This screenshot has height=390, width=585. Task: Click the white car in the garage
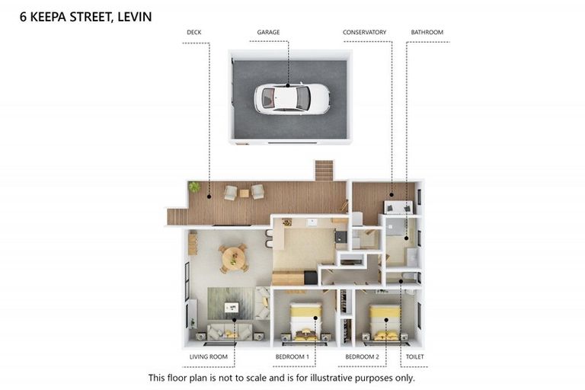click(292, 97)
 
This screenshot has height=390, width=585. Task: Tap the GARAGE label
click(268, 33)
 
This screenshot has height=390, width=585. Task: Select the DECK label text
click(193, 33)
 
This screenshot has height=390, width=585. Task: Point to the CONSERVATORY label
click(364, 33)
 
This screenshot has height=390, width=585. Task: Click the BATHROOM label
click(427, 33)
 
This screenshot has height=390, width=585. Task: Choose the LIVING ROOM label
click(208, 356)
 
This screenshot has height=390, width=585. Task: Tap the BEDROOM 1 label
click(292, 356)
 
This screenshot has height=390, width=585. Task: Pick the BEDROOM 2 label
click(362, 356)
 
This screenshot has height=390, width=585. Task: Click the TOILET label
click(415, 356)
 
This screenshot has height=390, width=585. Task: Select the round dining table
click(233, 258)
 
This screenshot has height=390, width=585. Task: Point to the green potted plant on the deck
click(195, 187)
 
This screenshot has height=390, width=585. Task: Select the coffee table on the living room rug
click(232, 307)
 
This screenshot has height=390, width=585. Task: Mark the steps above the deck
click(324, 170)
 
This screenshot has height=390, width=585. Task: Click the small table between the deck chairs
click(244, 193)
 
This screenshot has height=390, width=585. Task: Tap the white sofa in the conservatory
click(399, 206)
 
